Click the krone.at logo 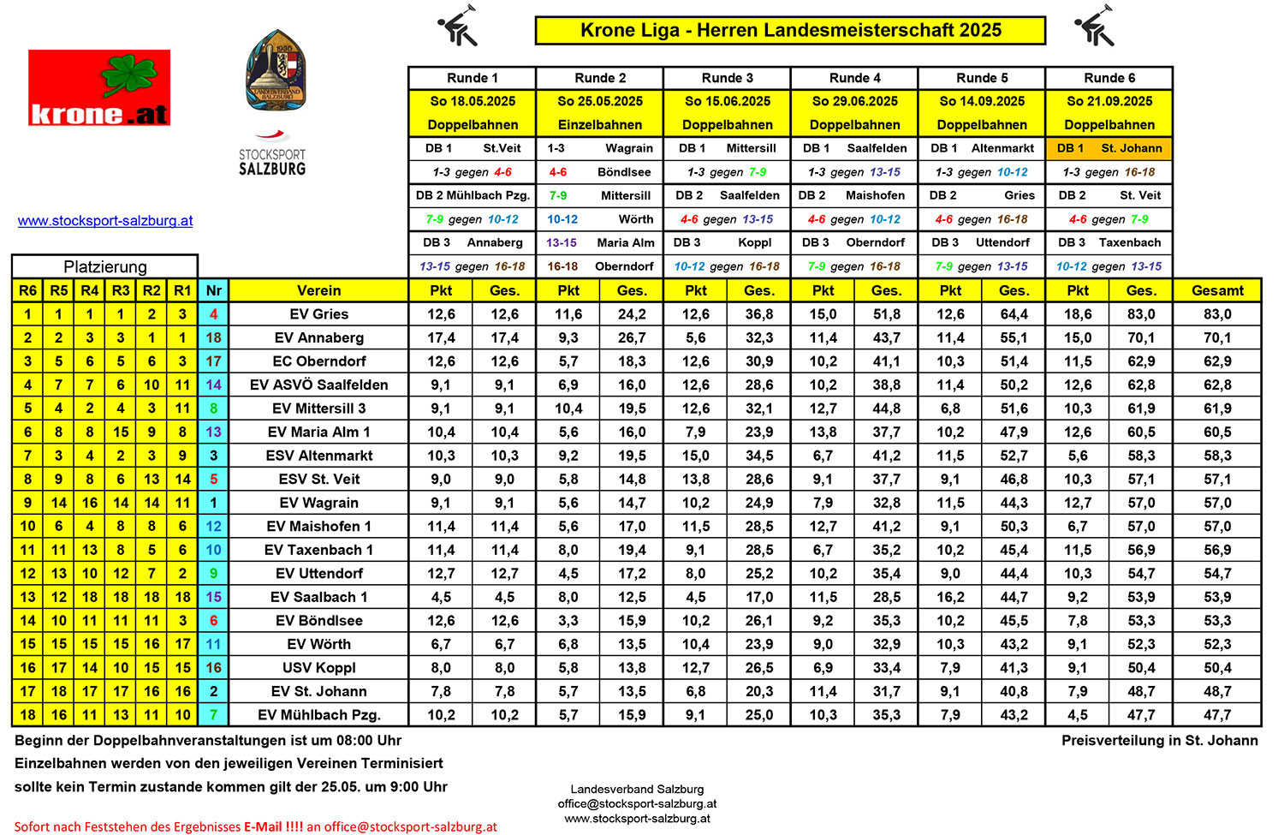pos(99,87)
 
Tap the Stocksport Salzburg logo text pos(272,161)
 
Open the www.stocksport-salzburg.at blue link pos(105,221)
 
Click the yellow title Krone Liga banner pos(790,30)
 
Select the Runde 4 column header pos(854,78)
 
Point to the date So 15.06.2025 pos(728,101)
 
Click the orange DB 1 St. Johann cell pos(1109,148)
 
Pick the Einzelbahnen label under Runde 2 pos(600,125)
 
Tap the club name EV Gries pos(318,314)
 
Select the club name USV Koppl pos(318,668)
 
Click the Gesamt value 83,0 pos(1217,314)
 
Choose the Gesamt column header pos(1217,290)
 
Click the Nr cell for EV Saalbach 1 pos(213,597)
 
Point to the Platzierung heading pos(104,266)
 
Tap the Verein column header pos(318,290)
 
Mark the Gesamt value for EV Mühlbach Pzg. pos(1217,715)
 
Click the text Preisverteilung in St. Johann pos(1159,741)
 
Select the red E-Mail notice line pos(255,826)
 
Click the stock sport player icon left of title pos(458,27)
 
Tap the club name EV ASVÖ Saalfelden pos(318,385)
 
